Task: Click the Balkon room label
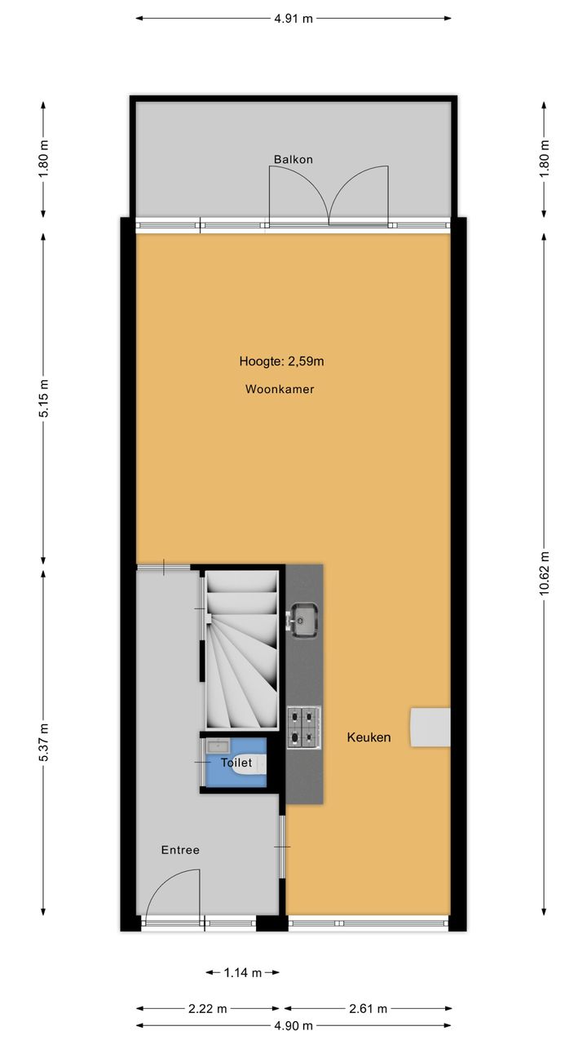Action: [293, 159]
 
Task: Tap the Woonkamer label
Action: [280, 389]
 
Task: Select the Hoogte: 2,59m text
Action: [281, 361]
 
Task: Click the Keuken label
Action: [369, 737]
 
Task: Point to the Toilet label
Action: [236, 763]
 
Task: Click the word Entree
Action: [180, 850]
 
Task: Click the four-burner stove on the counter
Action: [304, 728]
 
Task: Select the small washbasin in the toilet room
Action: [218, 745]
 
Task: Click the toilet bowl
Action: [249, 764]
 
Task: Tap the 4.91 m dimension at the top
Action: [293, 19]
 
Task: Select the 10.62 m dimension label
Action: [544, 573]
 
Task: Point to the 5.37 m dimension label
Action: [43, 743]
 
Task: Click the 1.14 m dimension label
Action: [243, 973]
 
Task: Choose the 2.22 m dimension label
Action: [207, 1009]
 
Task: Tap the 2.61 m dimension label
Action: [368, 1009]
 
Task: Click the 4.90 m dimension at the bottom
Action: [293, 1026]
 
